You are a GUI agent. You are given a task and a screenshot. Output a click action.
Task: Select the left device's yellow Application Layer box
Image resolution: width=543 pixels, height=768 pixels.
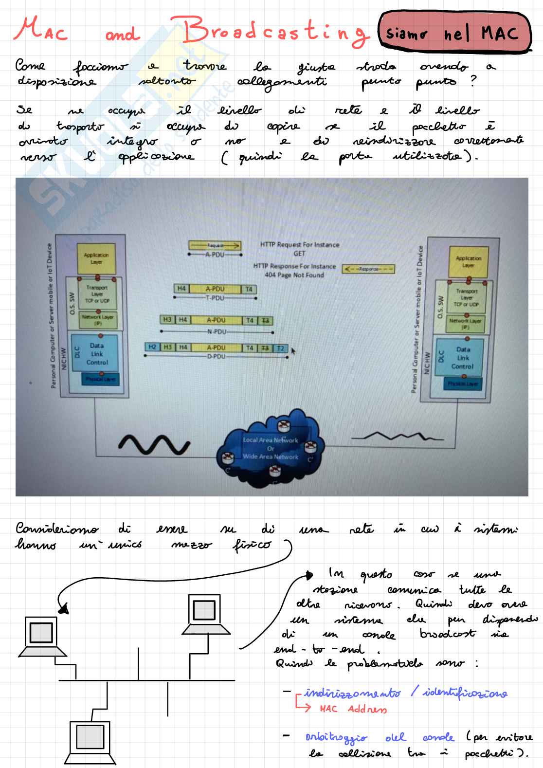tap(96, 258)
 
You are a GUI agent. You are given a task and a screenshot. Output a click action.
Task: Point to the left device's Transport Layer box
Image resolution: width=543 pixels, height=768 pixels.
tap(97, 294)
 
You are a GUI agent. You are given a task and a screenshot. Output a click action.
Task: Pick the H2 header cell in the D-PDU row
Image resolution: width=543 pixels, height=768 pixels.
tap(152, 347)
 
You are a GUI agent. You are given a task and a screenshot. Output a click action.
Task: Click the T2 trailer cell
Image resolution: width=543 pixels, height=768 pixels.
tap(280, 348)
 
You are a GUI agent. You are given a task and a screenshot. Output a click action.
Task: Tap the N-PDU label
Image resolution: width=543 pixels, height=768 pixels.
tap(216, 332)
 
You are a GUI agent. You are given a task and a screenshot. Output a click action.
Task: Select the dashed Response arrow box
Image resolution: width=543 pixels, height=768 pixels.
tap(368, 269)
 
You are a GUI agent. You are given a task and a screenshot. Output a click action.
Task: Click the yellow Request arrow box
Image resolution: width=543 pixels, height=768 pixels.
tap(215, 246)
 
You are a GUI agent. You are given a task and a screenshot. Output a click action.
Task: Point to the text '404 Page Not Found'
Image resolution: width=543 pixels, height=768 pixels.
tap(294, 275)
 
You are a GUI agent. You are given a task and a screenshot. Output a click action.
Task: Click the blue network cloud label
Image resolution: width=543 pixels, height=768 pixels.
tap(271, 448)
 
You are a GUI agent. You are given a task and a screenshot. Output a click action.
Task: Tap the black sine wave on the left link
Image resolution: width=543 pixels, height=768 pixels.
tap(154, 444)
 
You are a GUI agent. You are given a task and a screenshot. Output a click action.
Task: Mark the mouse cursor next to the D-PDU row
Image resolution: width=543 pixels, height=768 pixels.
tap(293, 350)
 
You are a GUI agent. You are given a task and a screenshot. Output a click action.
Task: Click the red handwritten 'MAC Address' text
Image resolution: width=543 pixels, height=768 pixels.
tap(353, 709)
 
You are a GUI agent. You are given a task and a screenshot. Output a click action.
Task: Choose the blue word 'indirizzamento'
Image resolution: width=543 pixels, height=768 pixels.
tap(353, 693)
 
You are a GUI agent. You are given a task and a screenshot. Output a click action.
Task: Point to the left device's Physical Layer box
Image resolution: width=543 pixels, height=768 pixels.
tap(100, 379)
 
